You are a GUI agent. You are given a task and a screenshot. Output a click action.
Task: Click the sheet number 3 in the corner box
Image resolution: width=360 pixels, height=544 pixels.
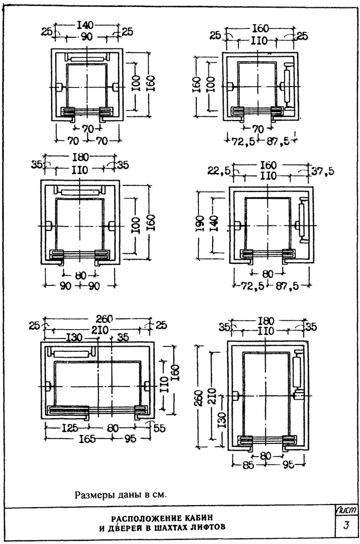(346, 525)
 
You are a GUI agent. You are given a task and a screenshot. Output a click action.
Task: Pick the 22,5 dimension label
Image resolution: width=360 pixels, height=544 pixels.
(218, 171)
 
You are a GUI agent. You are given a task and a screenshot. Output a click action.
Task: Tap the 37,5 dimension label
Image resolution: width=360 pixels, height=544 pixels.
(323, 171)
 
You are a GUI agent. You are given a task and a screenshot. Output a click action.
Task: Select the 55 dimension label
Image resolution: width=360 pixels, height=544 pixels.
(159, 428)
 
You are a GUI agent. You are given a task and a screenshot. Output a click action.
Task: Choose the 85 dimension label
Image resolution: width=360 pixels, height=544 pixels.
(248, 465)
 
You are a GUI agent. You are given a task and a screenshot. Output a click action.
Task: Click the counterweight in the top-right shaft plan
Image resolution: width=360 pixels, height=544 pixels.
(287, 85)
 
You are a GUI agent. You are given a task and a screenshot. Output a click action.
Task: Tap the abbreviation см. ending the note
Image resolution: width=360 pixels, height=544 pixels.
(161, 494)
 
